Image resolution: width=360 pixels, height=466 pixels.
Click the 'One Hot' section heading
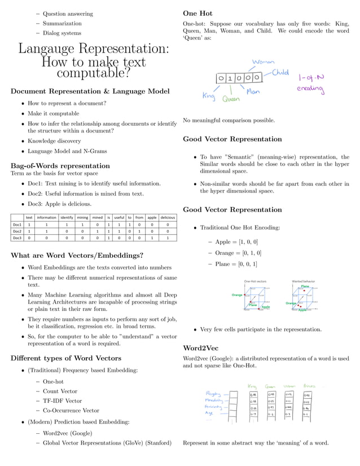click(197, 13)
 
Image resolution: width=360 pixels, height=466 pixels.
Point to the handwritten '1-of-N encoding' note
click(311, 83)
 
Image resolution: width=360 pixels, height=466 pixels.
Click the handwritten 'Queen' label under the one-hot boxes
click(230, 99)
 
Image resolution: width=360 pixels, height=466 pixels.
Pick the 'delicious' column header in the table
click(168, 217)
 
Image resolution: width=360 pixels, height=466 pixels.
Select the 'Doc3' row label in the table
click(17, 238)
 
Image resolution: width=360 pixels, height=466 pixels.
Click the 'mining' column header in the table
click(82, 217)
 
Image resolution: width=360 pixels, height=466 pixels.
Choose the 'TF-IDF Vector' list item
click(62, 401)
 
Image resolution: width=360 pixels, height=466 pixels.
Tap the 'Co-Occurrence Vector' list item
click(71, 411)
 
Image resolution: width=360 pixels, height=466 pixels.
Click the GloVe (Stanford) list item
click(107, 443)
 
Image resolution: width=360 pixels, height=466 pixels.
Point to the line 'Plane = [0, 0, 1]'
click(236, 264)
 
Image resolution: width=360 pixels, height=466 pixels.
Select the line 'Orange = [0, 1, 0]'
click(238, 253)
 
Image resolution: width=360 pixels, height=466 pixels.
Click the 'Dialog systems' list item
click(62, 33)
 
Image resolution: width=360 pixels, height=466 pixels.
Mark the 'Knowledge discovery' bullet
click(54, 141)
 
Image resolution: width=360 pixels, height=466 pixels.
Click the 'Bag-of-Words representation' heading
click(60, 166)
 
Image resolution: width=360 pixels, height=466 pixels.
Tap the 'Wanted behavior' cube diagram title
click(304, 280)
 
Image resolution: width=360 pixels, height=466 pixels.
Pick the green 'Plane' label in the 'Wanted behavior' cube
click(305, 287)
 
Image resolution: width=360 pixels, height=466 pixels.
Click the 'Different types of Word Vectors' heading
click(66, 358)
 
